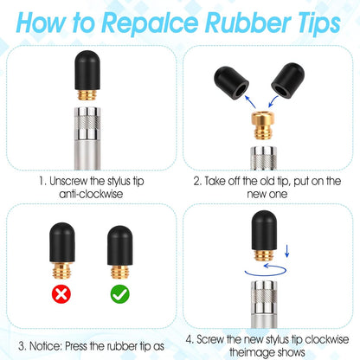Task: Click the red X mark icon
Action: point(61,294)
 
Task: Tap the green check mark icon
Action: point(120,294)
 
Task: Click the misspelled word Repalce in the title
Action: point(150,23)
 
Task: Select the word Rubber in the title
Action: point(247,22)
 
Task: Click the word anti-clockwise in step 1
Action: point(91,194)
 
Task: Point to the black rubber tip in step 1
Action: point(87,70)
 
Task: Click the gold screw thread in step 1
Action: point(87,94)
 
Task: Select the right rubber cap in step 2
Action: point(287,80)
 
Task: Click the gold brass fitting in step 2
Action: point(263,125)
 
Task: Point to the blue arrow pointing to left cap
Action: point(250,102)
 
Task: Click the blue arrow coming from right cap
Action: point(273,102)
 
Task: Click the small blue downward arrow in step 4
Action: point(286,251)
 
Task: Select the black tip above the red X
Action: point(62,242)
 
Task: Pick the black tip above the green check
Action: point(120,246)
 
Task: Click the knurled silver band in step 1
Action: point(87,123)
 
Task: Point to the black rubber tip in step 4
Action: point(264,230)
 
